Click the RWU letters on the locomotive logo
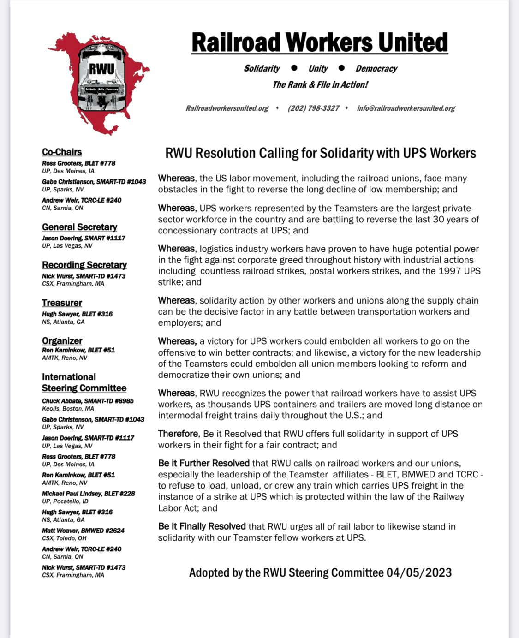[101, 69]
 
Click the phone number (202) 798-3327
[313, 108]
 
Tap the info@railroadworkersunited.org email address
[406, 108]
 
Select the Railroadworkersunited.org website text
[227, 108]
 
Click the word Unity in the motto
[318, 68]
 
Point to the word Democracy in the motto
[376, 68]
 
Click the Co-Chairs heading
[62, 152]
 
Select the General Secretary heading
[79, 227]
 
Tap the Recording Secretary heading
[84, 264]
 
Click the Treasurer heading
[62, 303]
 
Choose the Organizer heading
[62, 340]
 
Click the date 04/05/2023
[419, 572]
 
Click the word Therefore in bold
[178, 434]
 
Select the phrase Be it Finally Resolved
[202, 526]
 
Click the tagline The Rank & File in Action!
[320, 84]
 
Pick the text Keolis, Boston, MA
[68, 408]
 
